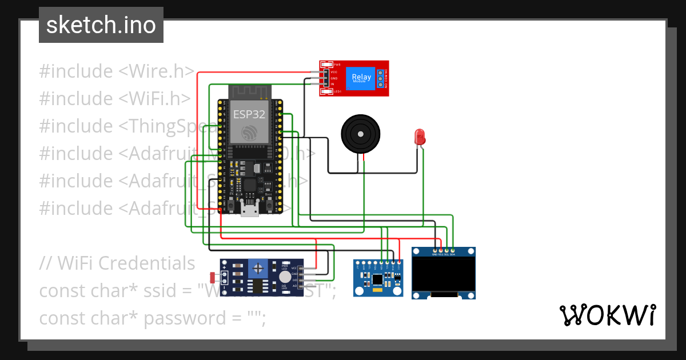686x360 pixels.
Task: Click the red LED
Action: tap(419, 137)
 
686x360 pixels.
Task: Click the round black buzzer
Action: tap(360, 134)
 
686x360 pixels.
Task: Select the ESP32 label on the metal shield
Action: tap(249, 114)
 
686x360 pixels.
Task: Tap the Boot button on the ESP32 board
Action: tap(269, 205)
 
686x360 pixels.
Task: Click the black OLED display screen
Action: tap(443, 274)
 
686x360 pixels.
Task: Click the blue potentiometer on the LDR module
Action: tap(260, 267)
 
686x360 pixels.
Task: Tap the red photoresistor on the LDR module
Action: tap(213, 278)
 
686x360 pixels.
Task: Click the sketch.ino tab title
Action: tap(101, 25)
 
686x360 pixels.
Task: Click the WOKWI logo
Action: tap(607, 315)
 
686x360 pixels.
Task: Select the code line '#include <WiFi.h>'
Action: tap(114, 98)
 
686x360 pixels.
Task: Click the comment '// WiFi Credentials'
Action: tap(117, 263)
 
